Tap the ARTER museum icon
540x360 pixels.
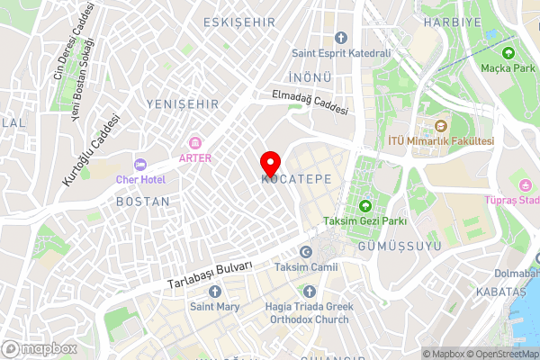tap(194, 142)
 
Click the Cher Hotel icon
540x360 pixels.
tap(139, 164)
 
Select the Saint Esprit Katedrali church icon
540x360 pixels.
tap(340, 37)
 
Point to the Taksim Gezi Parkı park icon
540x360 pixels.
tap(365, 206)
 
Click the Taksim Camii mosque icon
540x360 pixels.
tap(307, 252)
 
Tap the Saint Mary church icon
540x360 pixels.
tap(214, 291)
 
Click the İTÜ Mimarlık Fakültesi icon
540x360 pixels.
tap(441, 126)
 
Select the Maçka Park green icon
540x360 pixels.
tap(508, 52)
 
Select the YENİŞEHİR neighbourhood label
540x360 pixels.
tap(183, 105)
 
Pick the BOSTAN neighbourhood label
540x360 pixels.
tap(142, 202)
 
